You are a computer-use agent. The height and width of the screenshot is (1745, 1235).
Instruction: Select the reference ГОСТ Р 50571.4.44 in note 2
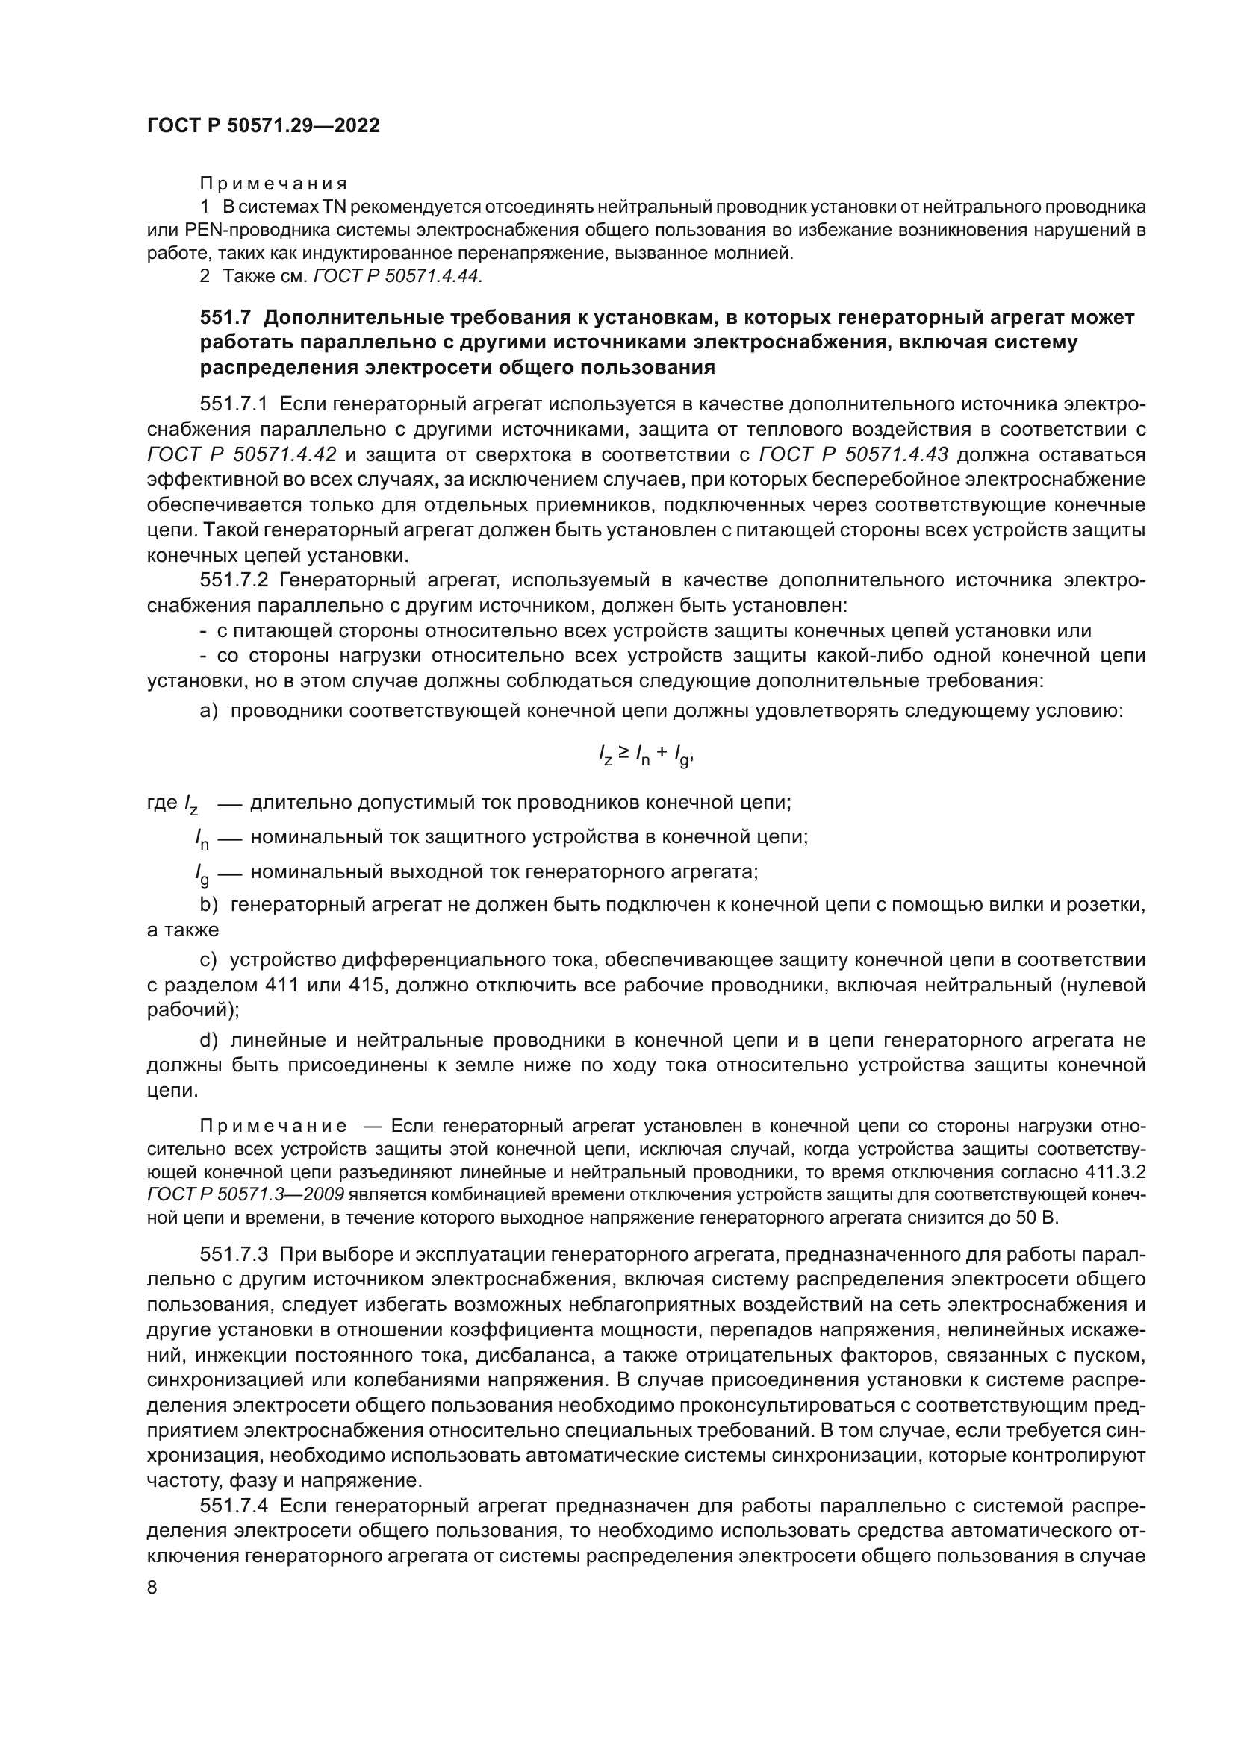(397, 277)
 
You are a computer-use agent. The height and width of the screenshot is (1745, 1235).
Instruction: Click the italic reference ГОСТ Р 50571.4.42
(242, 454)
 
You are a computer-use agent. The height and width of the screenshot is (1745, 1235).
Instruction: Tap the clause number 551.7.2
(236, 580)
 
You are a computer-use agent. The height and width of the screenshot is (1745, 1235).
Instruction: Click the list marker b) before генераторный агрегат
(209, 905)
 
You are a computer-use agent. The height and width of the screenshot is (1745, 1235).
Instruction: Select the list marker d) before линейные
(209, 1041)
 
